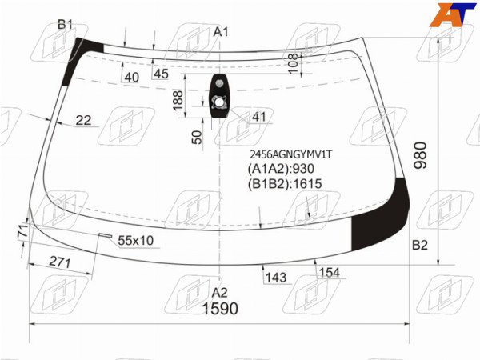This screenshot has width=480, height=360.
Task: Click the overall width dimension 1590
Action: pyautogui.click(x=220, y=309)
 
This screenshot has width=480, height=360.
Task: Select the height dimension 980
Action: pyautogui.click(x=421, y=155)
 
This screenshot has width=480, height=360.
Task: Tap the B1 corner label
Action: pyautogui.click(x=66, y=24)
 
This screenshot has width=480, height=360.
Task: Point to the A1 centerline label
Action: pyautogui.click(x=221, y=32)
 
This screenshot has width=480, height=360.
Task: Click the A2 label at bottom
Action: pyautogui.click(x=220, y=293)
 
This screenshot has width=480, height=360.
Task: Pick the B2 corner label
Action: pyautogui.click(x=420, y=245)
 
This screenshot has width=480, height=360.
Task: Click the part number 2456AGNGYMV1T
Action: pyautogui.click(x=290, y=155)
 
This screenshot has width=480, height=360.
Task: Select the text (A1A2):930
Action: pyautogui.click(x=281, y=169)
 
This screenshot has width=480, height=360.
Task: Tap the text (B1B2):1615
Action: pyautogui.click(x=285, y=184)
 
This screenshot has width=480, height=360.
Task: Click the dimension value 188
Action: pyautogui.click(x=178, y=100)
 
